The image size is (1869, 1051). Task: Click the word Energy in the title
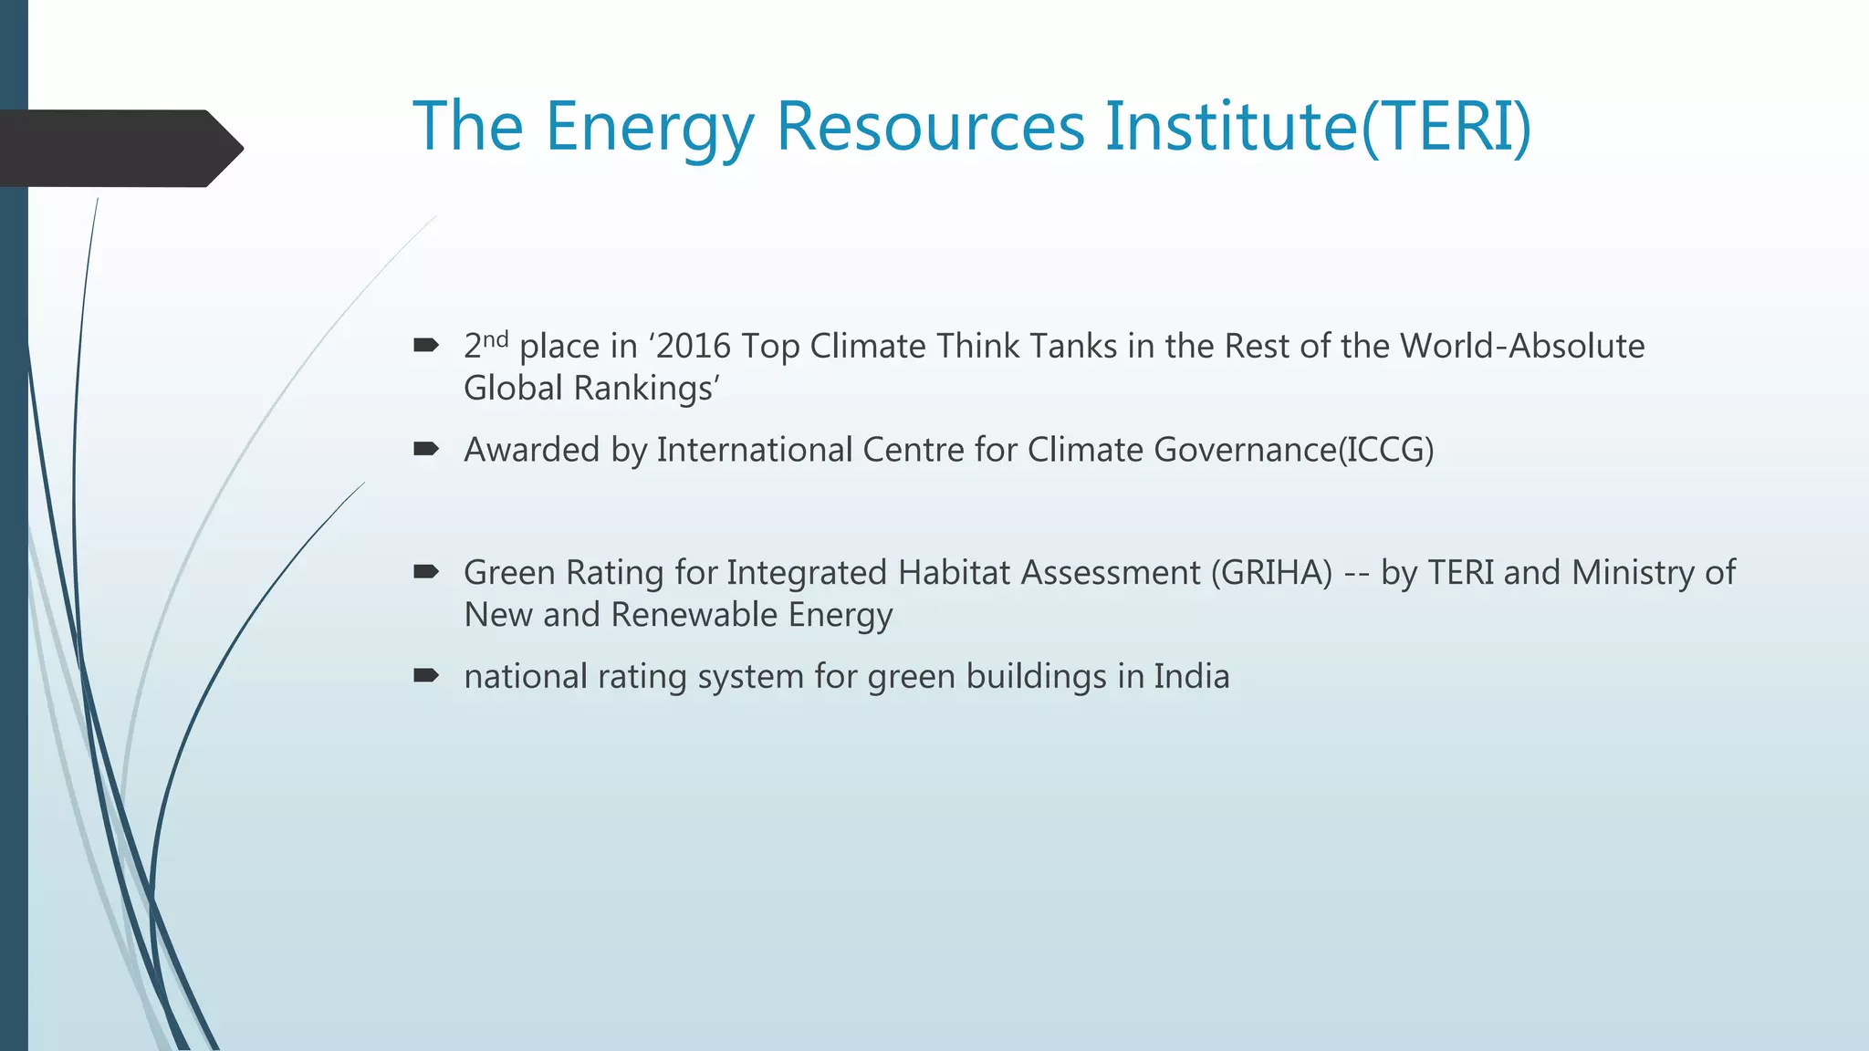click(x=650, y=128)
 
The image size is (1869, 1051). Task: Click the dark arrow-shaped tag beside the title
click(x=119, y=148)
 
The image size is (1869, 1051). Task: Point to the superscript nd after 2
click(x=496, y=339)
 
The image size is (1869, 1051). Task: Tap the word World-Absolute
click(x=1521, y=347)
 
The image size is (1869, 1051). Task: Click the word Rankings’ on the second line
click(x=647, y=390)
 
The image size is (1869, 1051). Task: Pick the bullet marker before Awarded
click(x=426, y=449)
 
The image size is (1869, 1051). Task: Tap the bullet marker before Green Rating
click(x=426, y=572)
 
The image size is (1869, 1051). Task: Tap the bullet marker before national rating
click(x=426, y=676)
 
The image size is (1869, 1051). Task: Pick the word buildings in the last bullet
click(x=1036, y=677)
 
